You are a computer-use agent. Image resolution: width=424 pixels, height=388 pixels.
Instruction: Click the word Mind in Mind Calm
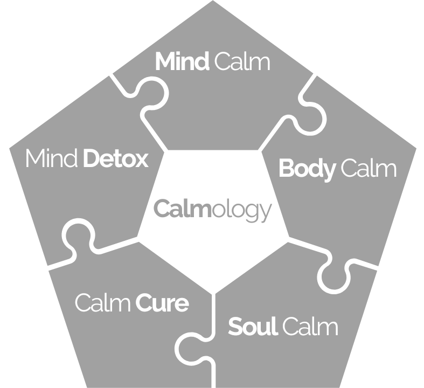pyautogui.click(x=182, y=62)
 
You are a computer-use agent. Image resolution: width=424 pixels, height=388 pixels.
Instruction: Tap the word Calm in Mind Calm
pyautogui.click(x=241, y=62)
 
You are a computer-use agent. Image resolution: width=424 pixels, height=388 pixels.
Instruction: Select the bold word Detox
pyautogui.click(x=116, y=159)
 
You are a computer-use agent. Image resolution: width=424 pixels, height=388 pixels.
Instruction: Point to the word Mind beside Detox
pyautogui.click(x=52, y=159)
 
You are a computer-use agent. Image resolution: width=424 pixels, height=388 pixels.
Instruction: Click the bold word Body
pyautogui.click(x=307, y=169)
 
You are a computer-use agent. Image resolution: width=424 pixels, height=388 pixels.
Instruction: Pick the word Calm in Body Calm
pyautogui.click(x=369, y=169)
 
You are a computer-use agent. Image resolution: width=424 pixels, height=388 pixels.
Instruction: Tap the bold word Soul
pyautogui.click(x=253, y=327)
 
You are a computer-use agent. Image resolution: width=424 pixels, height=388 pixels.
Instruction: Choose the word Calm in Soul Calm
pyautogui.click(x=310, y=327)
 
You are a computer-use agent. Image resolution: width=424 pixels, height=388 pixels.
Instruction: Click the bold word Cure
pyautogui.click(x=162, y=303)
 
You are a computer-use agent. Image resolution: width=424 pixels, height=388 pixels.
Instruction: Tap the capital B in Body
pyautogui.click(x=287, y=169)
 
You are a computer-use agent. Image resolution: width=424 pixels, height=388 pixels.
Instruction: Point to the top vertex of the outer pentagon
pyautogui.click(x=212, y=1)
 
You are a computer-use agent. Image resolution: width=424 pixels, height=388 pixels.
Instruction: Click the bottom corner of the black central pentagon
pyautogui.click(x=215, y=294)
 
